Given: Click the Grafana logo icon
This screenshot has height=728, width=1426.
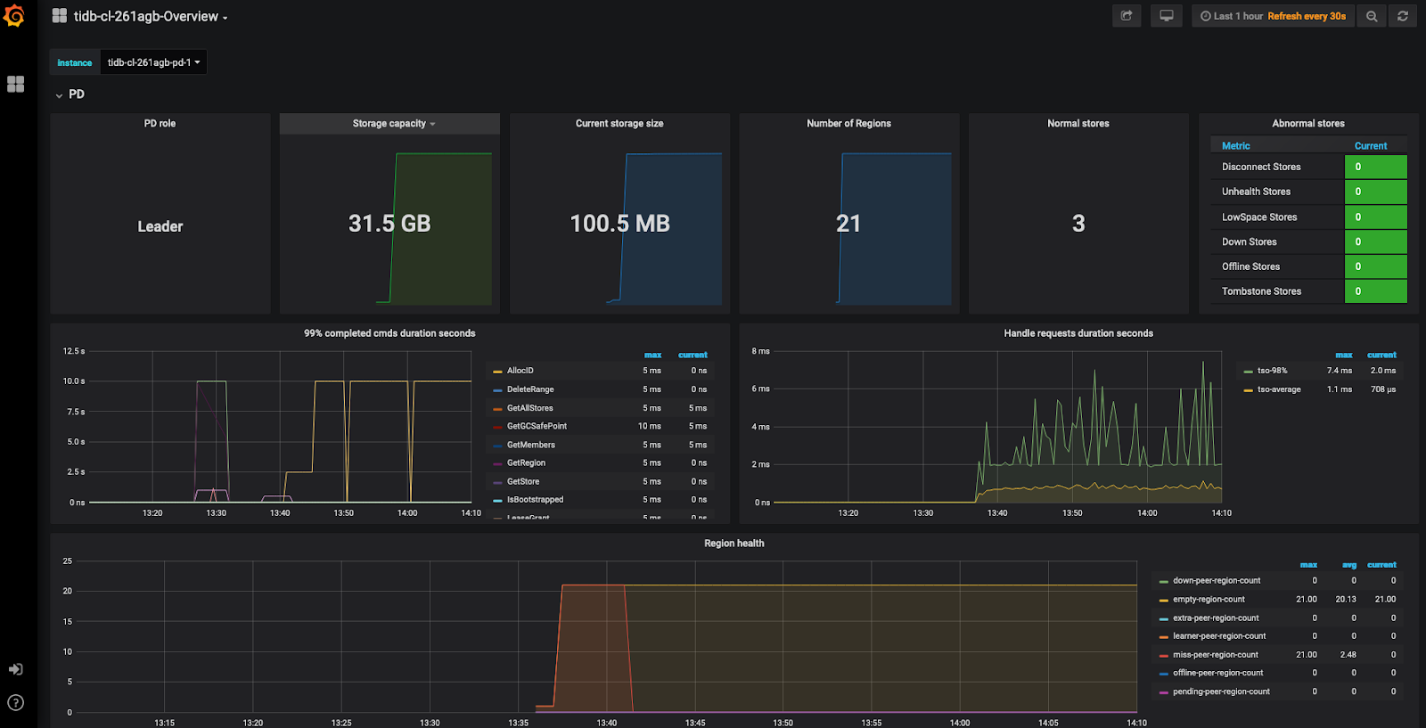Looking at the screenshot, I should coord(14,15).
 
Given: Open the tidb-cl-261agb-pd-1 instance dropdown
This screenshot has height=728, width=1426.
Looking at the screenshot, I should coord(153,62).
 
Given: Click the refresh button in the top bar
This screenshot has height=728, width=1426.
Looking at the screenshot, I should coord(1402,16).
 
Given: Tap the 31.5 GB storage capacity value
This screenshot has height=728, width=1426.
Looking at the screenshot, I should coord(389,224).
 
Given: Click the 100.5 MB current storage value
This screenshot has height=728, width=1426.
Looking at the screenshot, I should coord(619,224).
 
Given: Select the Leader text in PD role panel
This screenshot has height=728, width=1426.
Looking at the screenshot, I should coord(160,226).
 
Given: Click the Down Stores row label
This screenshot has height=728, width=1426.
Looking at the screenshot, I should coord(1249,241).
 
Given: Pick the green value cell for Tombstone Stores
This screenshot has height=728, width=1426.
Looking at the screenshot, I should coord(1375,291).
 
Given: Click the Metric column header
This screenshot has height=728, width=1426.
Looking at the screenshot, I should coord(1235,146).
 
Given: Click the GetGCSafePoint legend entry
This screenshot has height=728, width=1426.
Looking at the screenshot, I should coord(537,426).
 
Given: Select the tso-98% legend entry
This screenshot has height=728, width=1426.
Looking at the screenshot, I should coord(1272,371).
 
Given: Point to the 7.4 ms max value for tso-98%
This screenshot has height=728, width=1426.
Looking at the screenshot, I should coord(1339,371).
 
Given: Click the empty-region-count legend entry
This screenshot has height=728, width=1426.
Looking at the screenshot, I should coord(1209,600).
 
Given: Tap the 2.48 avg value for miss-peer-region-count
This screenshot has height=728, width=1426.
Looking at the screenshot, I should coord(1348,655).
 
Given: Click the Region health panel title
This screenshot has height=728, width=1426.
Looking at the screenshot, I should coord(733,544).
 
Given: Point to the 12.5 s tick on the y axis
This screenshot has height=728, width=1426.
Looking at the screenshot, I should coord(74,351).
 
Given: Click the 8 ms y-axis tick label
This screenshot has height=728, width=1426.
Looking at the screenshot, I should coord(760,351).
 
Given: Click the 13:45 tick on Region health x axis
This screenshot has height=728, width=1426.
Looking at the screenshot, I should coord(695,723).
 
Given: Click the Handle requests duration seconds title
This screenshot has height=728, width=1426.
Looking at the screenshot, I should coord(1078,333).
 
